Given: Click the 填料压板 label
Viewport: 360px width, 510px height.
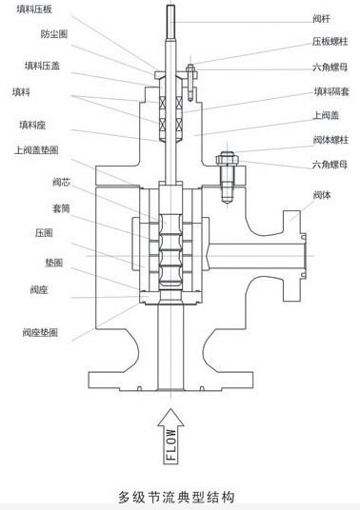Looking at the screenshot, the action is pyautogui.click(x=34, y=9).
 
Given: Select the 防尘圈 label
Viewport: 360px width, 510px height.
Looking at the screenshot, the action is pyautogui.click(x=54, y=34).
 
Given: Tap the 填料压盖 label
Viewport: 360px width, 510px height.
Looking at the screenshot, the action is pyautogui.click(x=42, y=66).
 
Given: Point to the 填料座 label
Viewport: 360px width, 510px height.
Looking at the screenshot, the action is pyautogui.click(x=32, y=125).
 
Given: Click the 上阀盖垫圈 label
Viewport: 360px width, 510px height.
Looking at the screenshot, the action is pyautogui.click(x=36, y=150).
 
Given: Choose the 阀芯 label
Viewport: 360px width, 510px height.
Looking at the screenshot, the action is pyautogui.click(x=61, y=182).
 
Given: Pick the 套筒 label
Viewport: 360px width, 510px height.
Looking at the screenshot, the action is pyautogui.click(x=61, y=208).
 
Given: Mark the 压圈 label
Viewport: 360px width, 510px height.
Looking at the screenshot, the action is pyautogui.click(x=44, y=233).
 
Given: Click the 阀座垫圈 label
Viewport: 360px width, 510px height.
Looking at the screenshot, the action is pyautogui.click(x=40, y=332).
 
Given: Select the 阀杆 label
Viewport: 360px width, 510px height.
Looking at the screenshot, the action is pyautogui.click(x=322, y=19).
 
